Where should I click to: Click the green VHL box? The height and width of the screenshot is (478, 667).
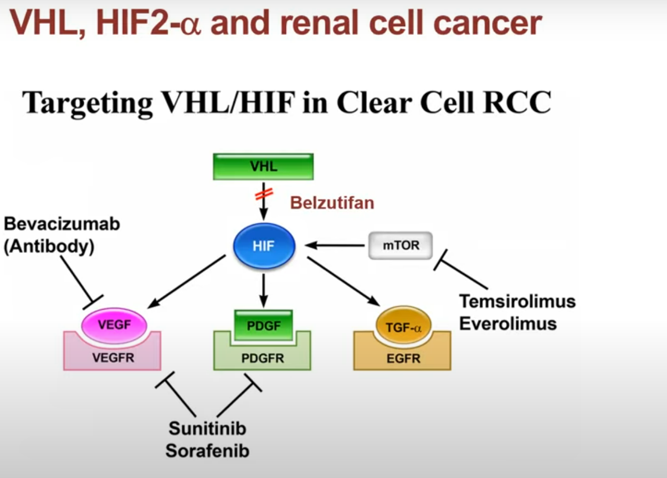click(263, 167)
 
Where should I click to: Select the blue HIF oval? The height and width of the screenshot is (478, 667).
click(264, 246)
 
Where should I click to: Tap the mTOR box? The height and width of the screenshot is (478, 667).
click(401, 245)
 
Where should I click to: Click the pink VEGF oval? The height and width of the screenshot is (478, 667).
click(114, 325)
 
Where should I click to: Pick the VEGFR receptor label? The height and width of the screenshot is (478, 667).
click(113, 358)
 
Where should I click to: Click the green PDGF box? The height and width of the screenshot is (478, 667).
click(264, 325)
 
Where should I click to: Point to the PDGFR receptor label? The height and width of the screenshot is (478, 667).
click(263, 358)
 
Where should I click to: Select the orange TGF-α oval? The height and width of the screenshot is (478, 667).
click(403, 325)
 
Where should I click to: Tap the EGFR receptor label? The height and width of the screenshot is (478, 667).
click(403, 358)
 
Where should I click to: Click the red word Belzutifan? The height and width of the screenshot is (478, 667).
click(332, 203)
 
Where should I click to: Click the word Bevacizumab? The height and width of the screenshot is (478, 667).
click(62, 224)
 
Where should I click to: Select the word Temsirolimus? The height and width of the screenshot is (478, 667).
click(517, 301)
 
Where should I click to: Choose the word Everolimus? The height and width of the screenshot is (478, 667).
click(507, 323)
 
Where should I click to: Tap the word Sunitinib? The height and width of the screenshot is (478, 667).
click(207, 429)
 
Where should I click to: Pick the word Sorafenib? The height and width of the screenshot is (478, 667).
click(207, 451)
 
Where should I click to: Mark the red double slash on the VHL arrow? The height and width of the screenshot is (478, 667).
click(264, 194)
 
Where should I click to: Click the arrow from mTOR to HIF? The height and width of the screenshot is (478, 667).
click(335, 245)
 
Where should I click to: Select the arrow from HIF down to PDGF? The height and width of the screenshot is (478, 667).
click(264, 291)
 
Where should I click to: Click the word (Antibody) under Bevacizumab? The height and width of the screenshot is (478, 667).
click(49, 246)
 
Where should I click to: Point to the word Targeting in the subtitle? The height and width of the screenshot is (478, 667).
click(88, 102)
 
